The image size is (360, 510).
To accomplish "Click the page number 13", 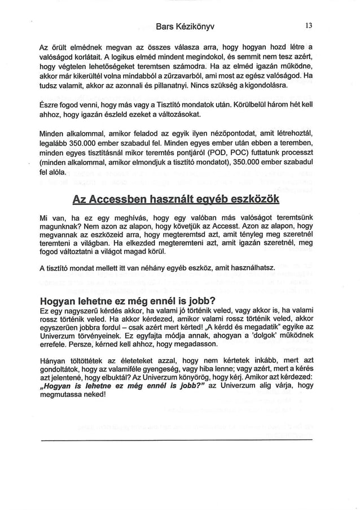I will point(308,25).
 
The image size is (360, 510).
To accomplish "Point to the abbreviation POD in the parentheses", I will point(228,152).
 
